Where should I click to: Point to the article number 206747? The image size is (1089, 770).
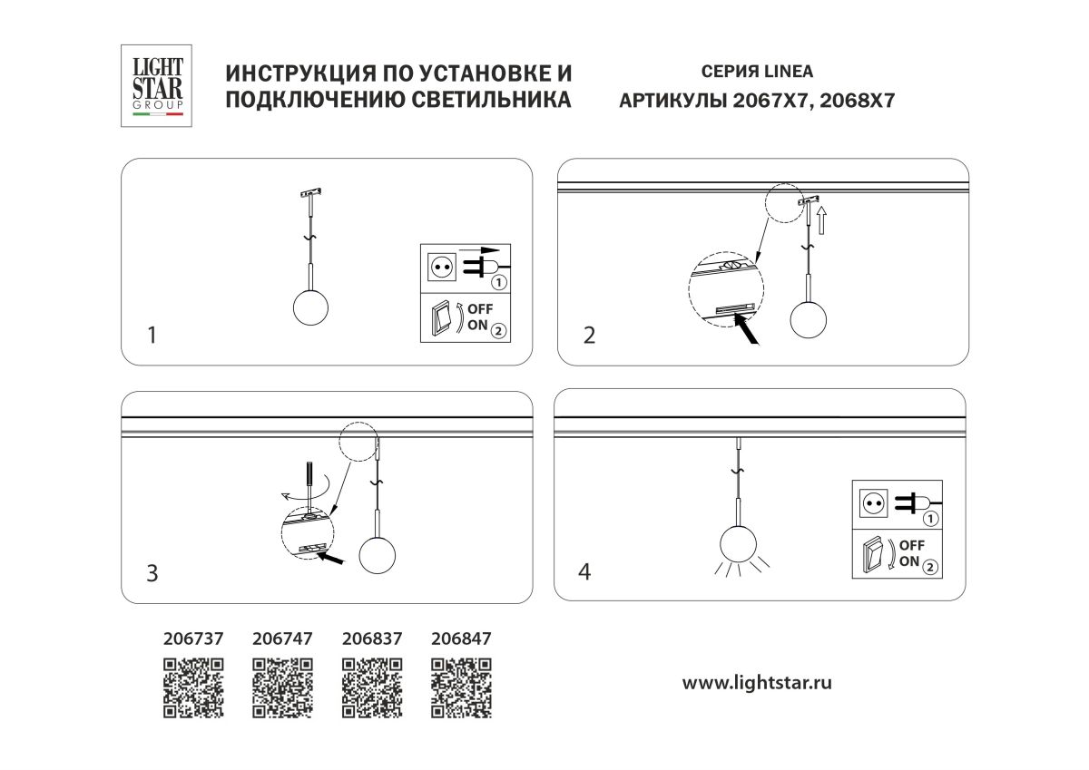pyautogui.click(x=281, y=638)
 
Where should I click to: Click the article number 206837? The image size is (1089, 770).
pyautogui.click(x=371, y=638)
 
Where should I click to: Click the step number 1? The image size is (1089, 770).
pyautogui.click(x=152, y=336)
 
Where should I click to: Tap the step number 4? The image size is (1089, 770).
pyautogui.click(x=585, y=571)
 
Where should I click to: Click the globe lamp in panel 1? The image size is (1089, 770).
pyautogui.click(x=309, y=307)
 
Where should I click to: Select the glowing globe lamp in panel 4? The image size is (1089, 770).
pyautogui.click(x=739, y=544)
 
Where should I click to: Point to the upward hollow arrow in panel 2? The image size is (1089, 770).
pyautogui.click(x=821, y=219)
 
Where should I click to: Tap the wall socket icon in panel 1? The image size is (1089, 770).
pyautogui.click(x=442, y=268)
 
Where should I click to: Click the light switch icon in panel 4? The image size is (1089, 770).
pyautogui.click(x=872, y=555)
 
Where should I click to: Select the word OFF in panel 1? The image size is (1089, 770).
pyautogui.click(x=480, y=311)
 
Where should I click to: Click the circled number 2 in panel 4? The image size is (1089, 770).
pyautogui.click(x=931, y=567)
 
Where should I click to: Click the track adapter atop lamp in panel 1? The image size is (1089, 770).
pyautogui.click(x=310, y=193)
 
